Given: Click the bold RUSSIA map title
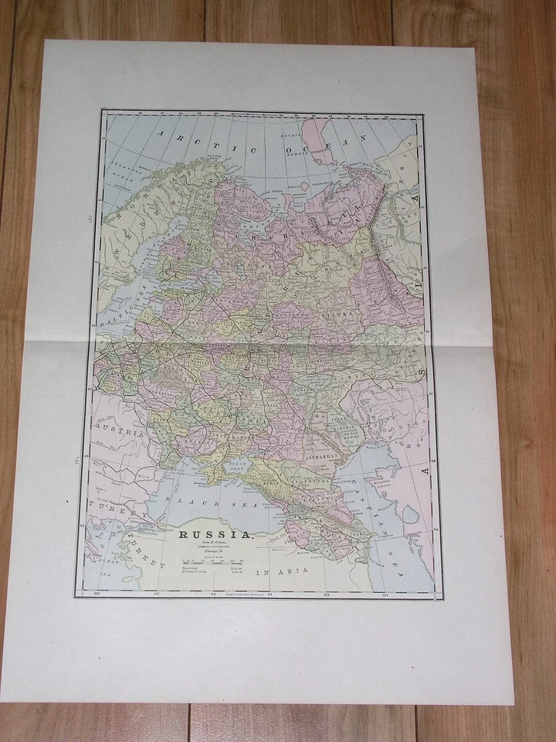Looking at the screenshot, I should [215, 535].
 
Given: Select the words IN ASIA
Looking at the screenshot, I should [283, 570].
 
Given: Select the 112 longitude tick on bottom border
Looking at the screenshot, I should [212, 594].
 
